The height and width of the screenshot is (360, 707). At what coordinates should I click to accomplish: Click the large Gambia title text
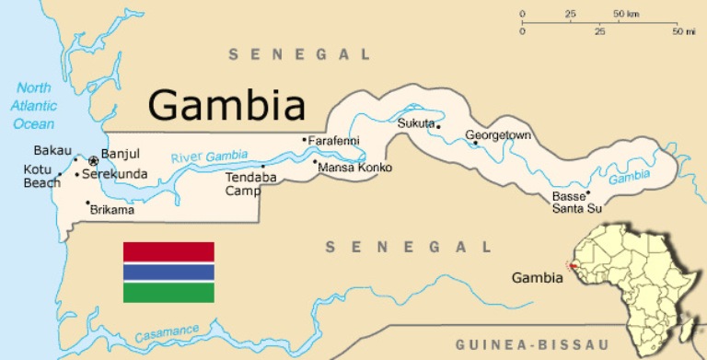click(x=226, y=105)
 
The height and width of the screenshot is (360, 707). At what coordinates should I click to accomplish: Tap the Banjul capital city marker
click(x=93, y=161)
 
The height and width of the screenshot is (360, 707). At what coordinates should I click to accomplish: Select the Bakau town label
click(x=52, y=150)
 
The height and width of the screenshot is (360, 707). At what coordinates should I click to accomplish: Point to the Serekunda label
click(x=114, y=173)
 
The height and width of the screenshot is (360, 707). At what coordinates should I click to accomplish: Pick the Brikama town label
click(x=112, y=210)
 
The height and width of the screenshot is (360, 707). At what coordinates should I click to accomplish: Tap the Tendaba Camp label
click(x=245, y=186)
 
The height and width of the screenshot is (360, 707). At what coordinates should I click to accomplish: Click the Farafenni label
click(x=334, y=141)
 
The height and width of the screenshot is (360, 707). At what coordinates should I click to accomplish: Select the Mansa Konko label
click(x=354, y=168)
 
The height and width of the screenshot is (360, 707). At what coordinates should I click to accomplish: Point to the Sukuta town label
click(x=415, y=122)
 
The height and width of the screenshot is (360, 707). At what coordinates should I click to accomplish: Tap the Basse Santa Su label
click(x=576, y=203)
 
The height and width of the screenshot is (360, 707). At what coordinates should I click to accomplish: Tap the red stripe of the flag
click(x=168, y=251)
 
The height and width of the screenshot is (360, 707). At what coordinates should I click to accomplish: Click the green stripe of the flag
click(x=168, y=292)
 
